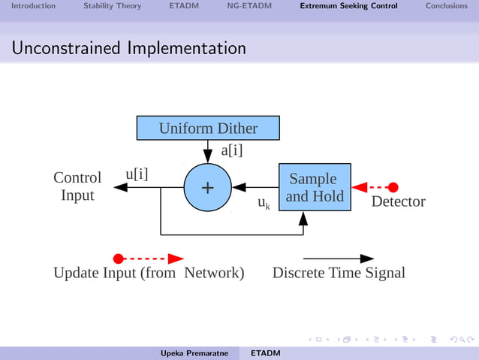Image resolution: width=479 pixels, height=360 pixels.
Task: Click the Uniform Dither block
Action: pos(208,128)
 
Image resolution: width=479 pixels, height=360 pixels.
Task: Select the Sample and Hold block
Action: pos(315,187)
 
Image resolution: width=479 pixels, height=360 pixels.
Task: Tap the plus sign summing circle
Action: pos(207,187)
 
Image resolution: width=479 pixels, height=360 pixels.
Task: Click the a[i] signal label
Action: pos(231,150)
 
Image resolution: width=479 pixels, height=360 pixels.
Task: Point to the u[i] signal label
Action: pos(136,174)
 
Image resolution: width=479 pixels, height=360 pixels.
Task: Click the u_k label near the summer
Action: pos(264,203)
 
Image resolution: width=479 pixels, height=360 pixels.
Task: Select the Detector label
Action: pos(398,201)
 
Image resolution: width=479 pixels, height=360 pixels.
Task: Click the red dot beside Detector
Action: pos(393,187)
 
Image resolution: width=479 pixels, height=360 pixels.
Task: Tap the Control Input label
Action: pos(77,186)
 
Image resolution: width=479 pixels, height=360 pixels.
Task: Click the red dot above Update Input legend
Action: pos(118,259)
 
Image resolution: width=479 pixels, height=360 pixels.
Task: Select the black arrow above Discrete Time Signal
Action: pos(338,259)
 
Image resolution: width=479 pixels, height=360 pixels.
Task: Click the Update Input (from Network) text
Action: pos(149,273)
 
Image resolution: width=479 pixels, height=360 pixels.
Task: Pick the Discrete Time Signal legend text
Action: pos(339,273)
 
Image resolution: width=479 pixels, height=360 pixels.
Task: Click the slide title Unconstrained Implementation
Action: pos(128,49)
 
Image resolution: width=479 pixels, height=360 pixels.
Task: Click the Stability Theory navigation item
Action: pos(112,6)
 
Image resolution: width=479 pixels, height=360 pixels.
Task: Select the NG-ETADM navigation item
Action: pos(249,6)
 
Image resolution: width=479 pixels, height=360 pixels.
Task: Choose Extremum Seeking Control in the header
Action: pos(348,6)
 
